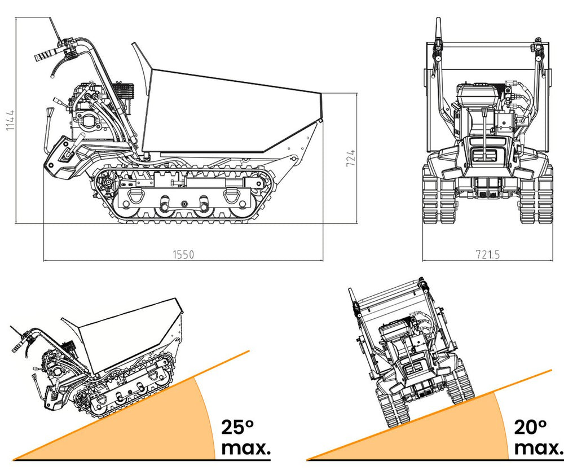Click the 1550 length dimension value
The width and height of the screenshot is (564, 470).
tap(183, 254)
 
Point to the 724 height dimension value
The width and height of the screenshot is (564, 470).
tap(351, 158)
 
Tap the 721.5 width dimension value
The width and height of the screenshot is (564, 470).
tap(488, 254)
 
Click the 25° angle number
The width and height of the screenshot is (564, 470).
tap(237, 427)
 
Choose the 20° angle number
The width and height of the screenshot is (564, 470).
tap(530, 427)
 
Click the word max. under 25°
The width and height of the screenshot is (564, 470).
tap(246, 448)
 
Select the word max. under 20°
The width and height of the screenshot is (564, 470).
tap(538, 448)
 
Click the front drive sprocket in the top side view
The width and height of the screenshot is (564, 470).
tap(107, 183)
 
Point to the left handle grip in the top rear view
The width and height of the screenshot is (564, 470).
tap(438, 28)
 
